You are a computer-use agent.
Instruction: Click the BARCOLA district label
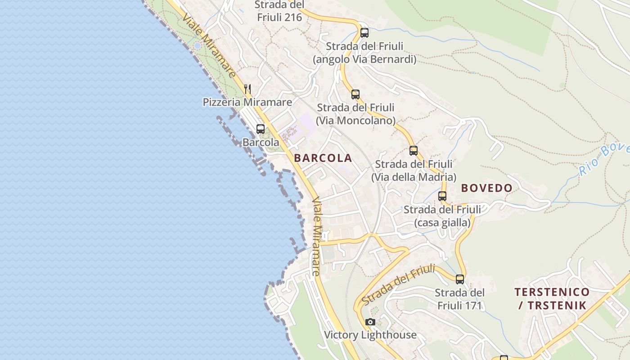(x=323, y=158)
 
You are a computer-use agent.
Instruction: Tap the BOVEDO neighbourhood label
(x=487, y=188)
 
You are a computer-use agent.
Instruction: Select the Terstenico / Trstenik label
(x=552, y=299)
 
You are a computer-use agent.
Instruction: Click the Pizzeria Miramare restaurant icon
(x=247, y=89)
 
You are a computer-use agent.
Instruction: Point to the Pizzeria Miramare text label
(x=247, y=102)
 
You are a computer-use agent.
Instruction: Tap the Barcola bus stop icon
(x=260, y=129)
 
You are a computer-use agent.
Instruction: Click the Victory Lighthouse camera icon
(x=370, y=322)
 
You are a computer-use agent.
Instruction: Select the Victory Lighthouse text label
(x=370, y=335)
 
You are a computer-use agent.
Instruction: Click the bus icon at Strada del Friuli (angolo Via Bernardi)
(x=364, y=33)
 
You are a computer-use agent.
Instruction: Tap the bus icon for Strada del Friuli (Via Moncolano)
(x=355, y=94)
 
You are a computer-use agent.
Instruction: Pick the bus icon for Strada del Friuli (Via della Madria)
(x=414, y=151)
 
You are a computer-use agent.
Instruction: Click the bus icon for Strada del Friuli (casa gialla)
(x=442, y=196)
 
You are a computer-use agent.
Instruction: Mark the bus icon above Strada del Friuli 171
(x=459, y=279)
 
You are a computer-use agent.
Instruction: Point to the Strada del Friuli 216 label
(x=279, y=11)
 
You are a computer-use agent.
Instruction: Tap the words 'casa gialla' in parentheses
(x=442, y=222)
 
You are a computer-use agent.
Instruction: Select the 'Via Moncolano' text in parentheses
(x=355, y=121)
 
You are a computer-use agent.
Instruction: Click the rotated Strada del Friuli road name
(x=398, y=284)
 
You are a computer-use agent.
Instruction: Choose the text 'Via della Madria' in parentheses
(x=414, y=177)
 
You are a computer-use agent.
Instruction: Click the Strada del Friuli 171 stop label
(x=459, y=299)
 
